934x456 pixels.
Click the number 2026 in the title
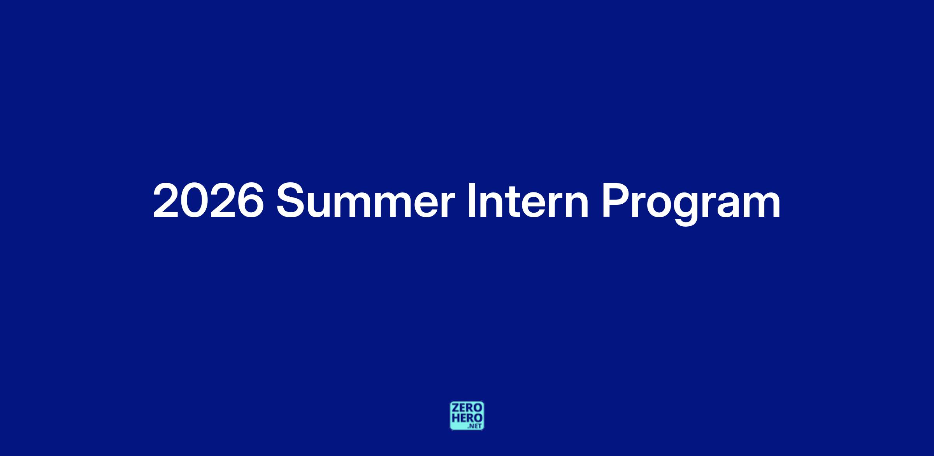point(208,200)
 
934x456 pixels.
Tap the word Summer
point(365,200)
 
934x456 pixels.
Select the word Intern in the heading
point(528,200)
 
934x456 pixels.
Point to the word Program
point(691,204)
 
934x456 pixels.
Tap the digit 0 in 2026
point(194,200)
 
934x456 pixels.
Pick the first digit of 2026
point(166,200)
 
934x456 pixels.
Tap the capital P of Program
point(615,200)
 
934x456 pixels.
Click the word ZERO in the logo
point(467,408)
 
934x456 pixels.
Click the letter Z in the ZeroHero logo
point(455,408)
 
